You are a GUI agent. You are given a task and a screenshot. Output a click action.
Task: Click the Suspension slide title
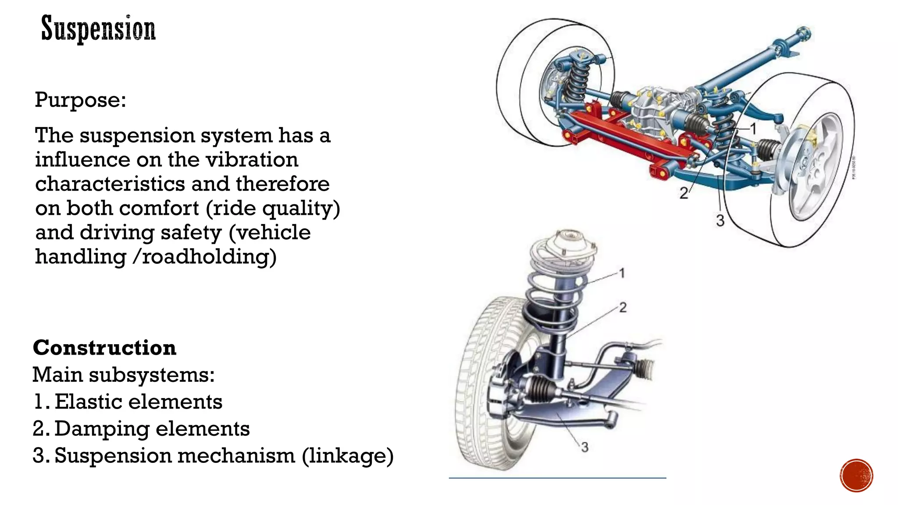pyautogui.click(x=98, y=29)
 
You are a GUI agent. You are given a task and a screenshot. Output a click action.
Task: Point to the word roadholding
pyautogui.click(x=206, y=257)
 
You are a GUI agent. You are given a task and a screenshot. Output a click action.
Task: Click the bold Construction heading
pyautogui.click(x=104, y=348)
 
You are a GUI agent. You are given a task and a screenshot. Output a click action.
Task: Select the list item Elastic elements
pyautogui.click(x=138, y=402)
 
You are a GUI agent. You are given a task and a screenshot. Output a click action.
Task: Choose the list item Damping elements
pyautogui.click(x=152, y=429)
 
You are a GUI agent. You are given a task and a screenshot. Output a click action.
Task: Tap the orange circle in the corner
pyautogui.click(x=856, y=476)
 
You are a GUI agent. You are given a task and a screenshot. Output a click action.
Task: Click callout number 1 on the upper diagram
pyautogui.click(x=753, y=129)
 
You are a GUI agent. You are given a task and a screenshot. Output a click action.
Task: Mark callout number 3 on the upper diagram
pyautogui.click(x=720, y=220)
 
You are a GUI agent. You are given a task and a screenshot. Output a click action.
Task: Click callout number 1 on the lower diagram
pyautogui.click(x=622, y=274)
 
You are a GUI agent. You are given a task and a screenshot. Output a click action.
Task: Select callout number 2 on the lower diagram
pyautogui.click(x=623, y=308)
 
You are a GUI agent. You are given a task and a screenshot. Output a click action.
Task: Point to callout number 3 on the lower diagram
pyautogui.click(x=584, y=448)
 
